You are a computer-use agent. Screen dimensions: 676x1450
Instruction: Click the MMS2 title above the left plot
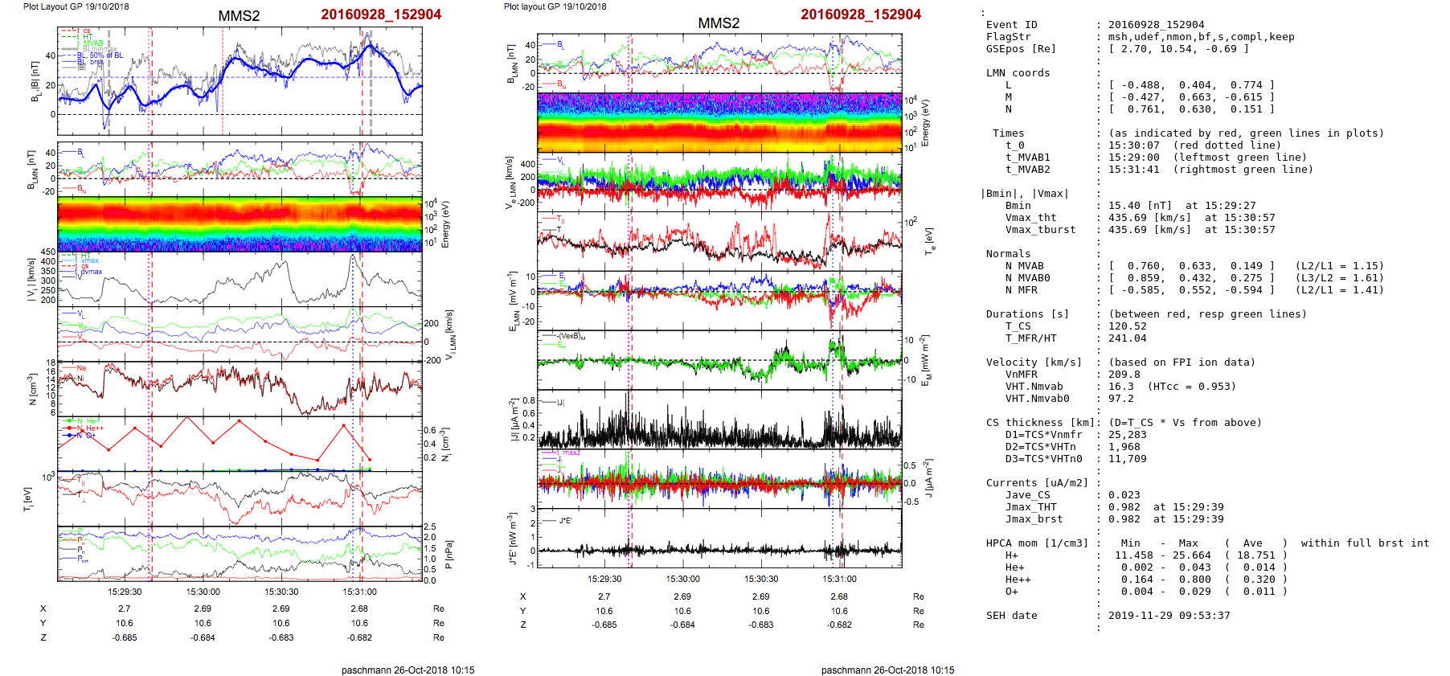(239, 16)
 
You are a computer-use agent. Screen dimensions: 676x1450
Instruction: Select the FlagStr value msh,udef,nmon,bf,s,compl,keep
(1201, 37)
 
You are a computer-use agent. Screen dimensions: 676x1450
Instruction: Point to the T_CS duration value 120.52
(1124, 326)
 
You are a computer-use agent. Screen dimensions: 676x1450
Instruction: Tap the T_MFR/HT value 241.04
(1124, 338)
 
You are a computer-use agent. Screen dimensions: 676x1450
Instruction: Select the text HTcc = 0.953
(1193, 387)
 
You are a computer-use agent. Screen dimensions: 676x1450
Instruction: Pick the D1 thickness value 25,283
(1128, 435)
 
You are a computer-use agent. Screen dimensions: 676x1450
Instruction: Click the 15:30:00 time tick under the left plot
(203, 592)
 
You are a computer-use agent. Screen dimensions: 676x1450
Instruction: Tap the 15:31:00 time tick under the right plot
(839, 579)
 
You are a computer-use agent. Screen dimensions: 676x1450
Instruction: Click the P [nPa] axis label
(448, 554)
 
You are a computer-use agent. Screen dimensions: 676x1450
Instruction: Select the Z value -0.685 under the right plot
(604, 625)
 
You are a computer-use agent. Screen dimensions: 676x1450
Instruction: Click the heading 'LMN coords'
(1018, 73)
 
